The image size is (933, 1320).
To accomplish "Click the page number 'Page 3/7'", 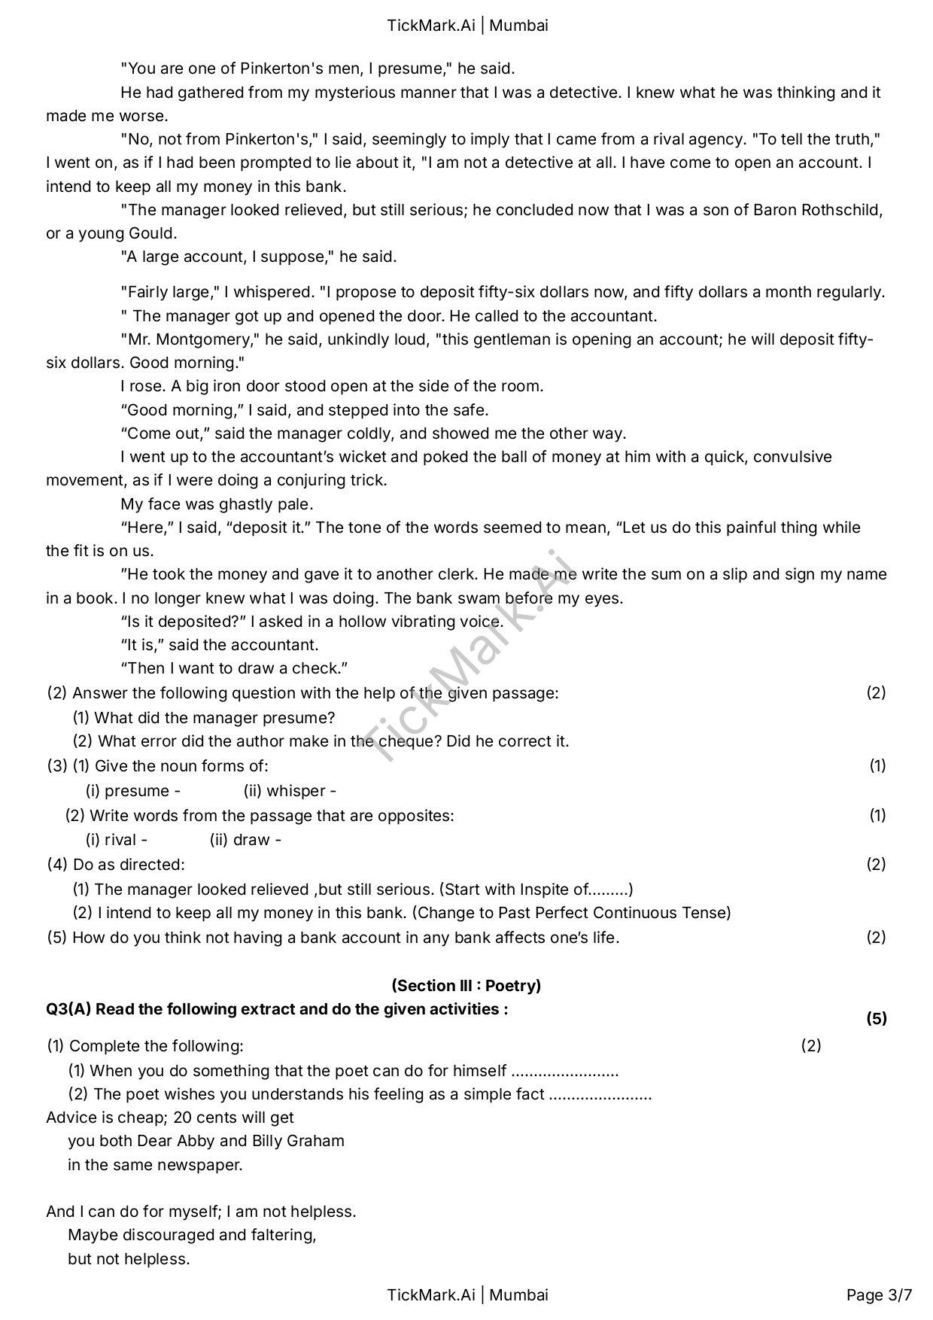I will [879, 1294].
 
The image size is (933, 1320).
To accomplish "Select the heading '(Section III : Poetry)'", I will [466, 985].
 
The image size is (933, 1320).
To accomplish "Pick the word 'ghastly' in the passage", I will [230, 503].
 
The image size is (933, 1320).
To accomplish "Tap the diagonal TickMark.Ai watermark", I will [466, 655].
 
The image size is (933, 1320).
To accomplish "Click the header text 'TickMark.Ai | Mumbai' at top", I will [467, 26].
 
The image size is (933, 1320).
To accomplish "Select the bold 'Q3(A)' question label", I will [68, 1009].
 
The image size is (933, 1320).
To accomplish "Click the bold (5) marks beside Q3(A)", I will [877, 1019].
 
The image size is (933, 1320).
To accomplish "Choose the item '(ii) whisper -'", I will [290, 791].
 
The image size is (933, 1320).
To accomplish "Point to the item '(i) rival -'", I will [117, 840].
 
